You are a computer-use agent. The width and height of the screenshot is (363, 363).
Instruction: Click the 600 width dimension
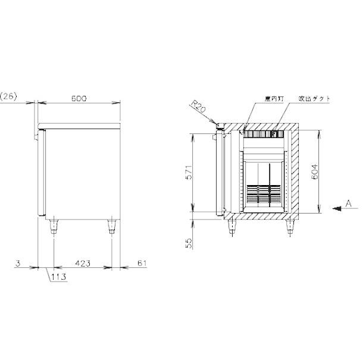(79, 98)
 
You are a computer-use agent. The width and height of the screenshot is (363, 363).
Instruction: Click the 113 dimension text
(58, 277)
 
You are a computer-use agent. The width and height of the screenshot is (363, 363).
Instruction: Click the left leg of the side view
(55, 226)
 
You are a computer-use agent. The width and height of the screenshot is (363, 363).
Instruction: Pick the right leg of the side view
(111, 226)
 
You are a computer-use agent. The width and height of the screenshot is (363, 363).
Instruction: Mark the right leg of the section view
(290, 226)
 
